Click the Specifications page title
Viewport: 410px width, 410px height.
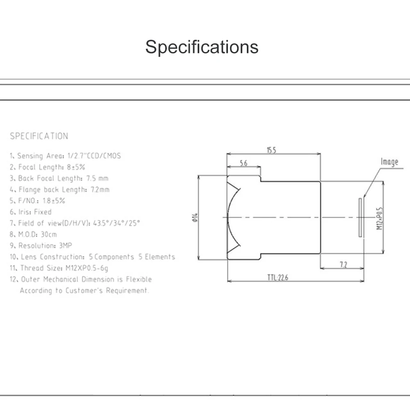202,47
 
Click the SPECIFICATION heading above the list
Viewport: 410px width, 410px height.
39,136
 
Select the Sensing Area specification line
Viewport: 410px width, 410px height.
66,156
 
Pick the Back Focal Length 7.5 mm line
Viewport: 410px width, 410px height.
59,178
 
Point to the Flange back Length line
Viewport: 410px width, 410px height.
59,189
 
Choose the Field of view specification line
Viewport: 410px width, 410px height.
75,223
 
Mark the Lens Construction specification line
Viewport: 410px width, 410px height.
93,257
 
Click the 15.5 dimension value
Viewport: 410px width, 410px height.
271,150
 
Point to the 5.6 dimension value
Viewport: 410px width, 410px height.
243,163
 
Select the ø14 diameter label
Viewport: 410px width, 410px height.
194,217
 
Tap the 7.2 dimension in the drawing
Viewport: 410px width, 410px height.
343,265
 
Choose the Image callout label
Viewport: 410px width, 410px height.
389,162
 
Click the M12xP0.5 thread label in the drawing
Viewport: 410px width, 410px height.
379,217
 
